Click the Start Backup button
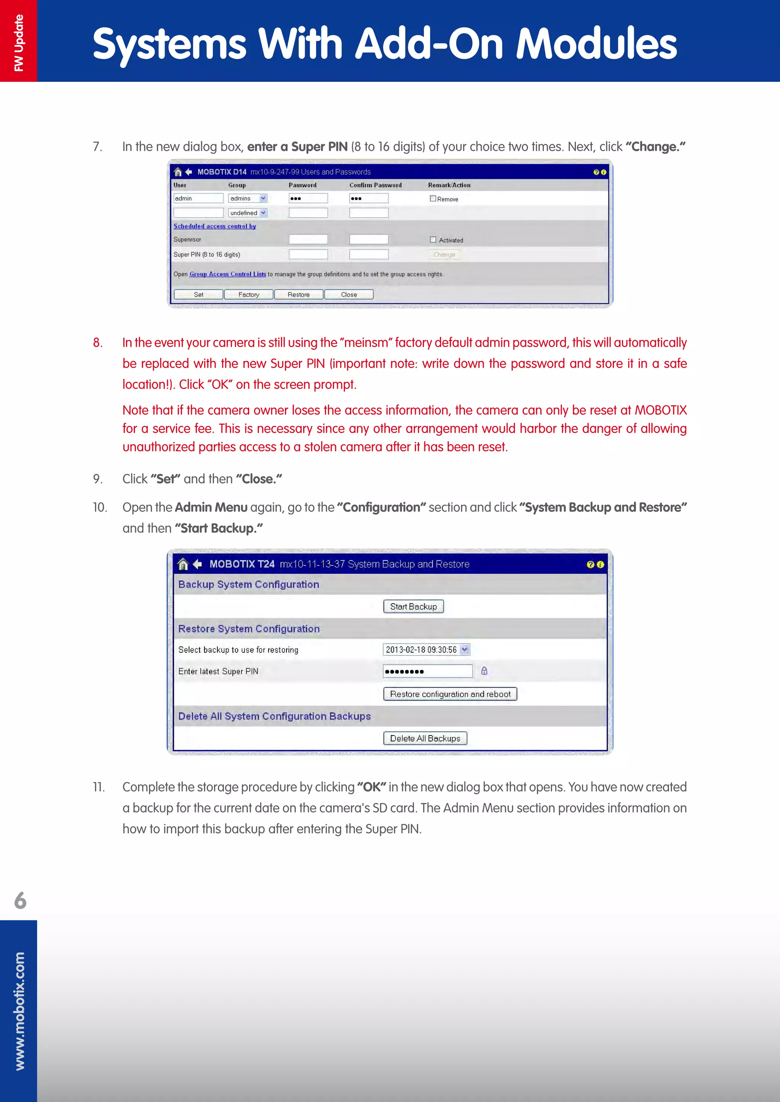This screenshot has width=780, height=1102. tap(413, 607)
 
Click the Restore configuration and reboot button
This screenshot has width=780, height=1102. tap(450, 694)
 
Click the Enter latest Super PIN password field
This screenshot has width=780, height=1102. tap(427, 671)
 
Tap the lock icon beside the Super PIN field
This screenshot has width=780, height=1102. tap(484, 671)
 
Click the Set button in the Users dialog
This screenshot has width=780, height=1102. tap(198, 295)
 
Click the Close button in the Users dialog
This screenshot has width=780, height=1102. tap(349, 295)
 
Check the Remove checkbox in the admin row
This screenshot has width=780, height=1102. tap(433, 199)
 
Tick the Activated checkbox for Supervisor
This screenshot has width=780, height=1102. tap(433, 239)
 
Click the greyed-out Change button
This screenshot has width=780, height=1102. tap(444, 255)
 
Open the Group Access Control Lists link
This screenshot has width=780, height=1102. tap(228, 274)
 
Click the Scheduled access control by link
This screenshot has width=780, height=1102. tap(215, 226)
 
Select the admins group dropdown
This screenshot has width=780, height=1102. tap(247, 198)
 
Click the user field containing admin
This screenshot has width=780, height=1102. tap(198, 198)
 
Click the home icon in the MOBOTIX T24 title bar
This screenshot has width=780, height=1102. tap(182, 564)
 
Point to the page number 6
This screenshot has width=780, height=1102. tap(20, 900)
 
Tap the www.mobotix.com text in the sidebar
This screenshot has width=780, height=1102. tap(19, 1011)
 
